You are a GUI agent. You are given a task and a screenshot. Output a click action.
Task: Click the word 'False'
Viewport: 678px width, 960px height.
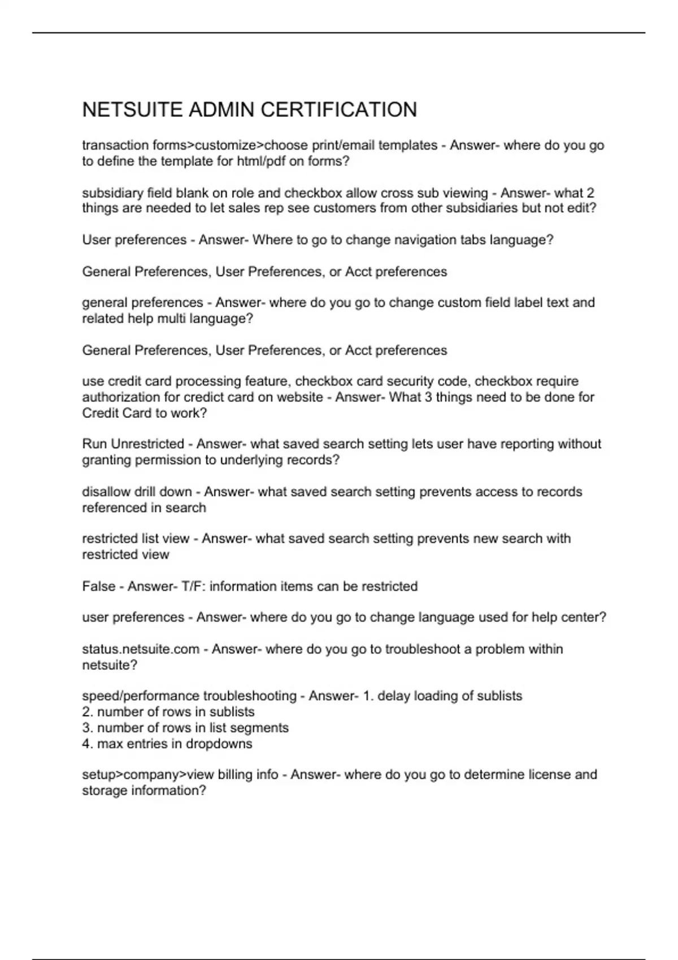[x=98, y=586]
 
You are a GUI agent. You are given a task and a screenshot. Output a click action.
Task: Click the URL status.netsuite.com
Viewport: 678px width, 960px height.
[x=141, y=649]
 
